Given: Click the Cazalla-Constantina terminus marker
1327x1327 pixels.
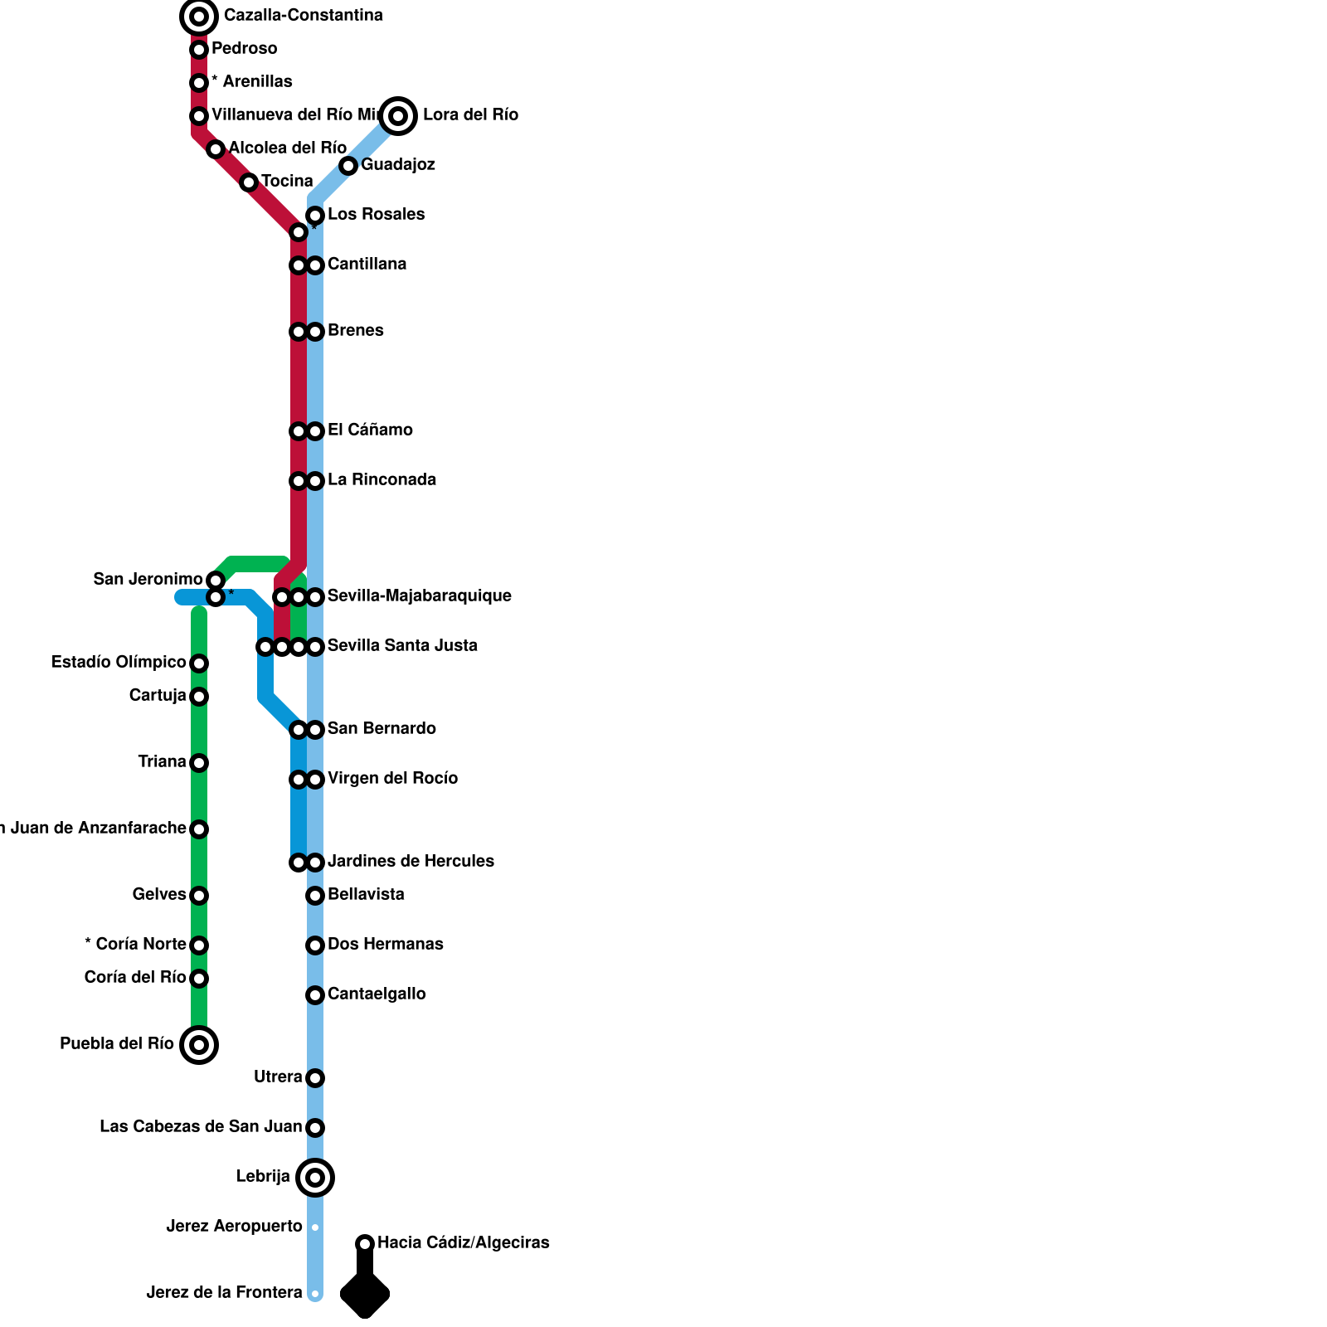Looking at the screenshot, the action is (x=199, y=17).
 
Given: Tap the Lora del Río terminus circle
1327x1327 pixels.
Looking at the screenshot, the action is (x=398, y=115).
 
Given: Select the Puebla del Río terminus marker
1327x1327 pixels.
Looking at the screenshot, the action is (x=199, y=1045).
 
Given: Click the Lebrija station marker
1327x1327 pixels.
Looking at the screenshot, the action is (x=315, y=1178).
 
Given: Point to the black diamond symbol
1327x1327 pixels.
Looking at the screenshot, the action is (x=365, y=1293).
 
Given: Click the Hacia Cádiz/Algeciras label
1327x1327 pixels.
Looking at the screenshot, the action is (x=463, y=1242).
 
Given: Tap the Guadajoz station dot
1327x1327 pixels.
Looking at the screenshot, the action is (x=348, y=166).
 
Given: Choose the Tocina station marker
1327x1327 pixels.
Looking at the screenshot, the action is (x=249, y=182).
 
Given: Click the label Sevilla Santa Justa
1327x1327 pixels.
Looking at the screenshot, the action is (x=402, y=645).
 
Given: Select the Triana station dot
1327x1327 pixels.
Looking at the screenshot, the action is (x=199, y=763).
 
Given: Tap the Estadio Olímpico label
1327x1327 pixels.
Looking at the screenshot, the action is (x=119, y=662).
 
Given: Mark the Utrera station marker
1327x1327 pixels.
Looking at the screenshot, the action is (x=315, y=1078).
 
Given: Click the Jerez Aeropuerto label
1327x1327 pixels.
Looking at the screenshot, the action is (x=234, y=1226).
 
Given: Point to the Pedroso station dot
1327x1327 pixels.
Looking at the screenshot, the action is (x=199, y=50).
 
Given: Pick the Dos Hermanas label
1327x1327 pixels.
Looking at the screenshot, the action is (x=385, y=944).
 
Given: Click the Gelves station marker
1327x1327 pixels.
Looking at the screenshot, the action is (x=199, y=896).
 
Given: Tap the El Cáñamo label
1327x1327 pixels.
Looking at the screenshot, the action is (x=370, y=430).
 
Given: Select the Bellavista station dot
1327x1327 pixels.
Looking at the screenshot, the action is (x=315, y=896).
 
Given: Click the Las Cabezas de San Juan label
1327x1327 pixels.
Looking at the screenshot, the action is (x=201, y=1126).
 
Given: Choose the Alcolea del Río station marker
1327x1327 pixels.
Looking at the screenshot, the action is (x=216, y=149).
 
